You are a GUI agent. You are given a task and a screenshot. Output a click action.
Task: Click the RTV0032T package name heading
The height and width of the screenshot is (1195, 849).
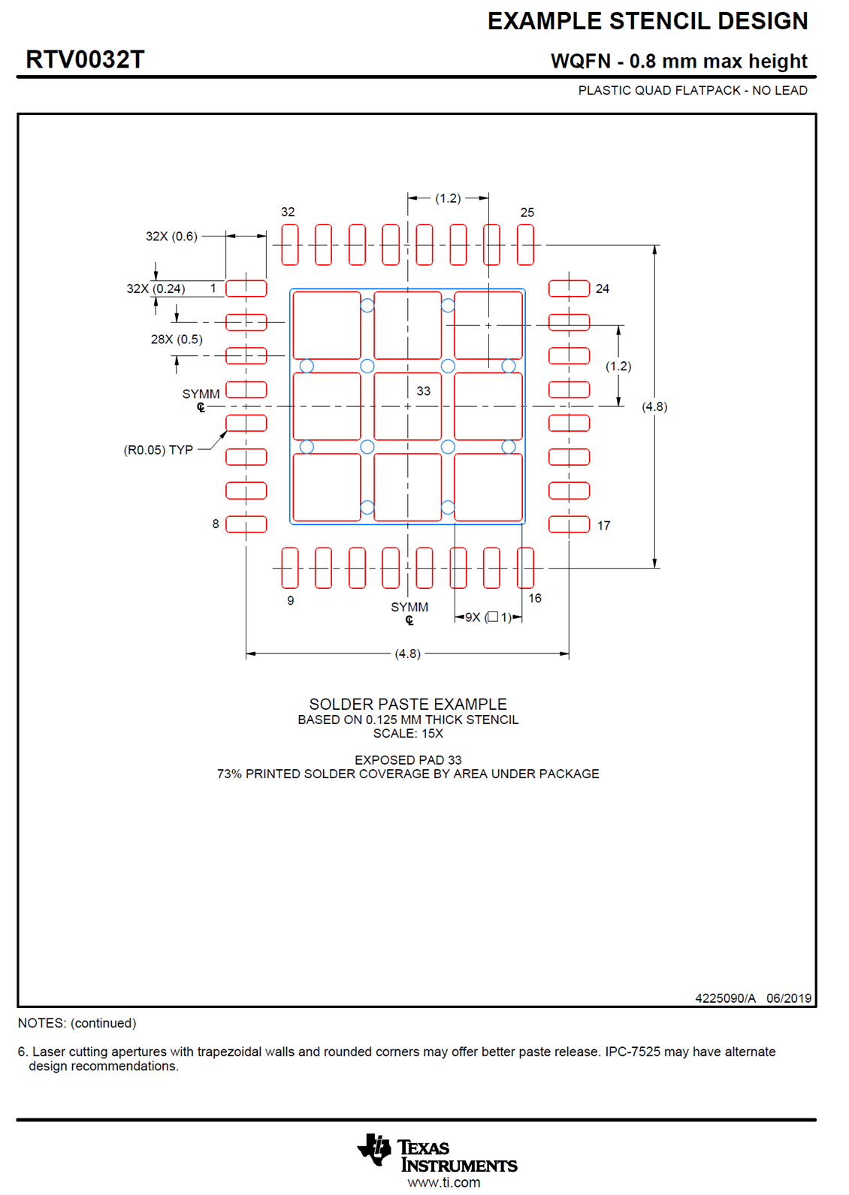[x=85, y=59]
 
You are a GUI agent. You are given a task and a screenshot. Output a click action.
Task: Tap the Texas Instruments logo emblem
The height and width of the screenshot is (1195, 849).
[x=375, y=1149]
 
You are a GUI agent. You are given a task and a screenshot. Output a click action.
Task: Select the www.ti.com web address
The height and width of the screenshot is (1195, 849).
[x=444, y=1182]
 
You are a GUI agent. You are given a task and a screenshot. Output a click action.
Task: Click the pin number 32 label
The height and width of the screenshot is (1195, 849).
[x=288, y=212]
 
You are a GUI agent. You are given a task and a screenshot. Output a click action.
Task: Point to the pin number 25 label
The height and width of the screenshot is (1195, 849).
[x=527, y=213]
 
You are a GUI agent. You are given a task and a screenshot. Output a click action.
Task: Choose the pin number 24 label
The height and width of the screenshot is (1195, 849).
[x=603, y=288]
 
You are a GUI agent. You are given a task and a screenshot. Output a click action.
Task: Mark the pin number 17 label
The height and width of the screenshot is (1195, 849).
[x=604, y=526]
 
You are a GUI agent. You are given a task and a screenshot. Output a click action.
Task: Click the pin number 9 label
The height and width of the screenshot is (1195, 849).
[x=291, y=601]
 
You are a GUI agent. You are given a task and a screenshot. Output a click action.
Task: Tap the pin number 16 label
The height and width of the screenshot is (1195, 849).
[x=535, y=599]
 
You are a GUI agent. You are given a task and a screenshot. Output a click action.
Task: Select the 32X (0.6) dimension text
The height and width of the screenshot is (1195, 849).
[x=171, y=237]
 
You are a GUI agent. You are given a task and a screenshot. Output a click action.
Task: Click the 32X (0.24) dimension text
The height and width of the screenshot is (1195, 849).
[x=156, y=289]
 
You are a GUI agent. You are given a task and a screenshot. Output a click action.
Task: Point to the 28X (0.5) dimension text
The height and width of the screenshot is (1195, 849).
[x=177, y=339]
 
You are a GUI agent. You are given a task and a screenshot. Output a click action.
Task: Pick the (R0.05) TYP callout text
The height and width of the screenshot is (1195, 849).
[x=159, y=450]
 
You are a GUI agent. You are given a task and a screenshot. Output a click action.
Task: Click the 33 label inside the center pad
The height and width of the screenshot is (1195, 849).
[x=424, y=391]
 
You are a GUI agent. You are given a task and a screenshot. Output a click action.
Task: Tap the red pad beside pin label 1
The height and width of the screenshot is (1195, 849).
[x=246, y=288]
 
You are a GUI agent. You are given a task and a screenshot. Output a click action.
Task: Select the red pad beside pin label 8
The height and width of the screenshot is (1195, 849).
[x=246, y=524]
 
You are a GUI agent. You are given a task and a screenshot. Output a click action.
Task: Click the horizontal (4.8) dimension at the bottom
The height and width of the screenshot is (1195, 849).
[x=407, y=654]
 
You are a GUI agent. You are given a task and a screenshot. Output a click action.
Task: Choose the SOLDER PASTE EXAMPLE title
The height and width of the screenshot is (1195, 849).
[x=408, y=705]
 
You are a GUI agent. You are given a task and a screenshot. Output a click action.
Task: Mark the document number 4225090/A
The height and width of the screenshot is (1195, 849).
[x=725, y=998]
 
